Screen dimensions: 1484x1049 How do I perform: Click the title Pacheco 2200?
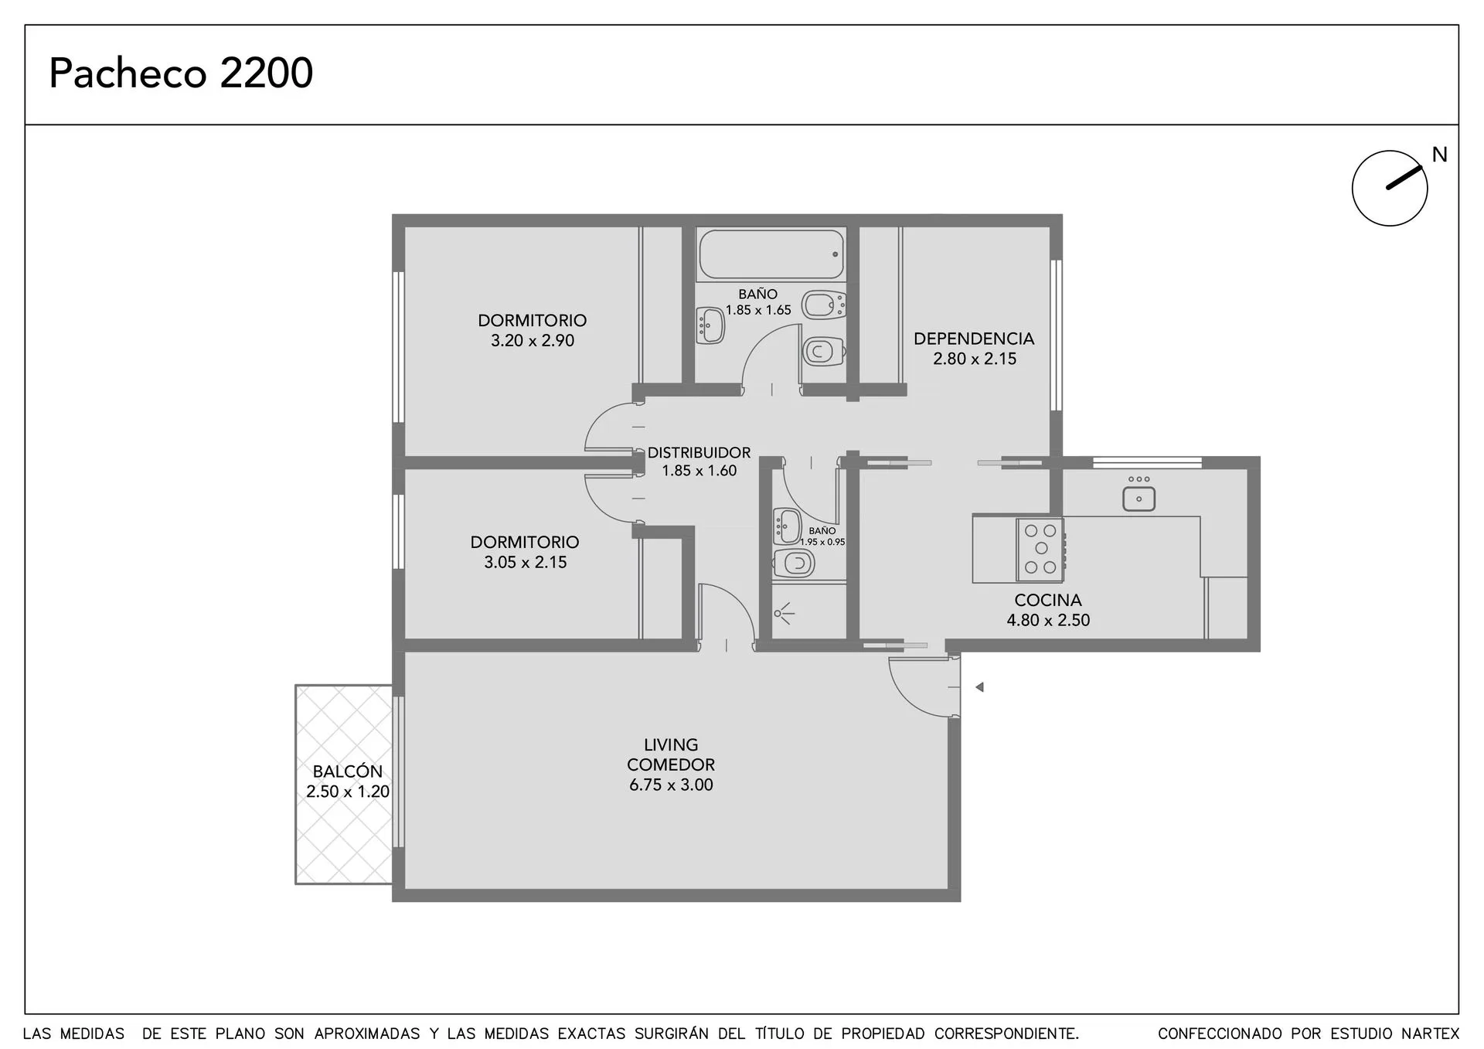coord(181,73)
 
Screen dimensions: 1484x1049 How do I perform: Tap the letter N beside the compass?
coord(1439,155)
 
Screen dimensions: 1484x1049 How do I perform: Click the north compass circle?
coord(1390,188)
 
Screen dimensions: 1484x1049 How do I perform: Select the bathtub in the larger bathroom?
coord(771,254)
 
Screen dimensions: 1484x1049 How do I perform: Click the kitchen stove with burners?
coord(1040,550)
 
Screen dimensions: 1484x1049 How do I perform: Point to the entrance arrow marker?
coord(979,687)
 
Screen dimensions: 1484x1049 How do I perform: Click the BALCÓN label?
coord(348,771)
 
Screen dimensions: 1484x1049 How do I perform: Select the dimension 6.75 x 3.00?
coord(671,785)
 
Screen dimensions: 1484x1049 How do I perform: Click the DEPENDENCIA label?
coord(974,339)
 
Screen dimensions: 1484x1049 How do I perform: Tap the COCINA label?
coord(1048,600)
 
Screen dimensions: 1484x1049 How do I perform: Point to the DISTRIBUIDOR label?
coord(699,453)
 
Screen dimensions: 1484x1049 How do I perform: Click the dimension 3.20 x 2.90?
coord(533,340)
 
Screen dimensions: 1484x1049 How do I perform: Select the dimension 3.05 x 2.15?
coord(526,562)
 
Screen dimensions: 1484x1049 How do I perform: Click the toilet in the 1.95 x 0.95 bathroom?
coord(794,564)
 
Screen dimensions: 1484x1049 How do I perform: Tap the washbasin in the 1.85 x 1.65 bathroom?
coord(710,325)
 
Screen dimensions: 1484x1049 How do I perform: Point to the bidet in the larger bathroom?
coord(824,305)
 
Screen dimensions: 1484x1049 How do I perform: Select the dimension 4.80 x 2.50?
coord(1048,620)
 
